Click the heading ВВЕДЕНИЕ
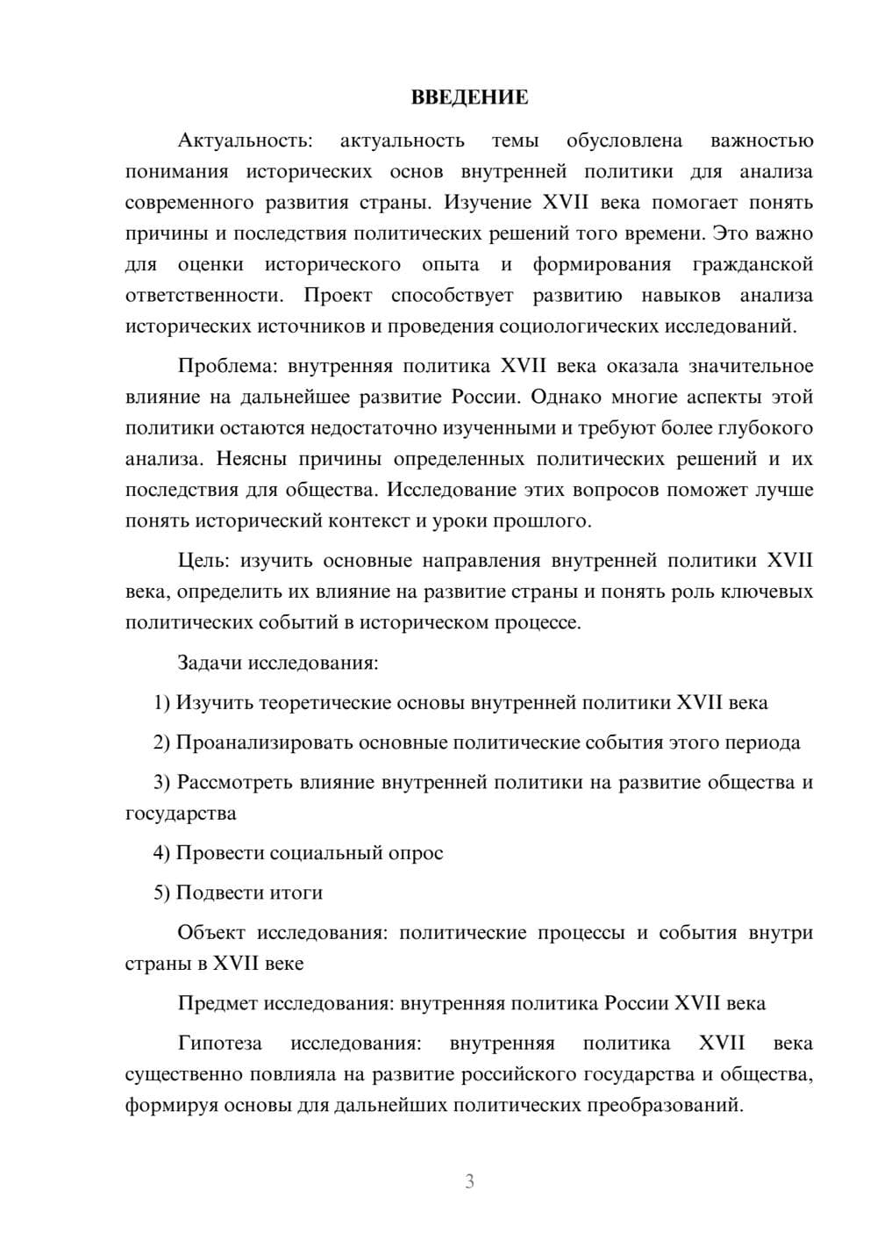point(469,97)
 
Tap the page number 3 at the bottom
point(469,1181)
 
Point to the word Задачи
point(210,663)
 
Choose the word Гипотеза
point(219,1044)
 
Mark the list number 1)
point(161,703)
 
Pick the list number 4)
point(161,853)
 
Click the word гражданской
point(752,264)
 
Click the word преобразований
point(664,1105)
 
